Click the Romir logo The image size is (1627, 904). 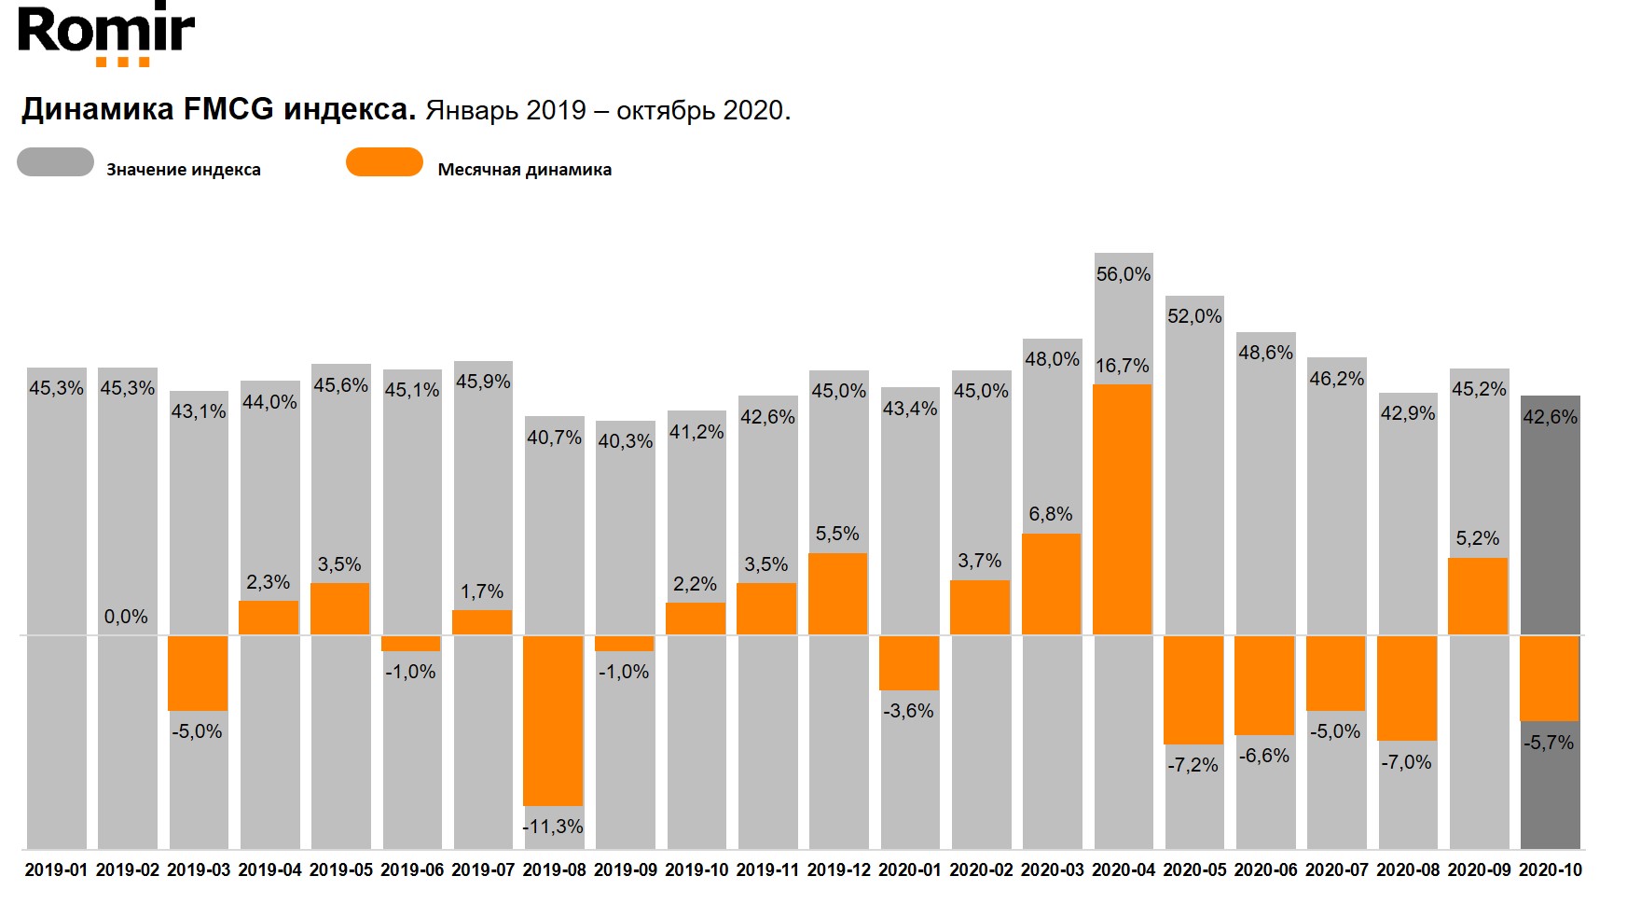tap(106, 35)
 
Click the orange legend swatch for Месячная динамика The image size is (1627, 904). tap(384, 162)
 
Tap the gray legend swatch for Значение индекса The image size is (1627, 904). tap(55, 162)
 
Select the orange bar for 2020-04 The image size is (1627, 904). tap(1122, 509)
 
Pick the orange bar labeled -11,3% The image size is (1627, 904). tap(553, 720)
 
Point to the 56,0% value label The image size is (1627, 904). tap(1123, 274)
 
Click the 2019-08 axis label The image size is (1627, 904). tap(554, 870)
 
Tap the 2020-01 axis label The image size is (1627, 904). tap(910, 870)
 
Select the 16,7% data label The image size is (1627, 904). tap(1122, 366)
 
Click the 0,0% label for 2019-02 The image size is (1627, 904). tap(126, 617)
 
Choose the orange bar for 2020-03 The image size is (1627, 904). tap(1051, 584)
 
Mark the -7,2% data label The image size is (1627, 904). tap(1193, 765)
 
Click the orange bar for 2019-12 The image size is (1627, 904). tap(837, 594)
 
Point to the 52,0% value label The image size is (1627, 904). tap(1194, 316)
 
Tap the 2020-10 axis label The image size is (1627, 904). tap(1551, 870)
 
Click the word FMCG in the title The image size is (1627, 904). tap(228, 110)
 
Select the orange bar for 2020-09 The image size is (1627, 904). tap(1477, 596)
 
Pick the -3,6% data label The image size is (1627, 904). tap(908, 711)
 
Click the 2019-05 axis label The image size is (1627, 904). tap(340, 870)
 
